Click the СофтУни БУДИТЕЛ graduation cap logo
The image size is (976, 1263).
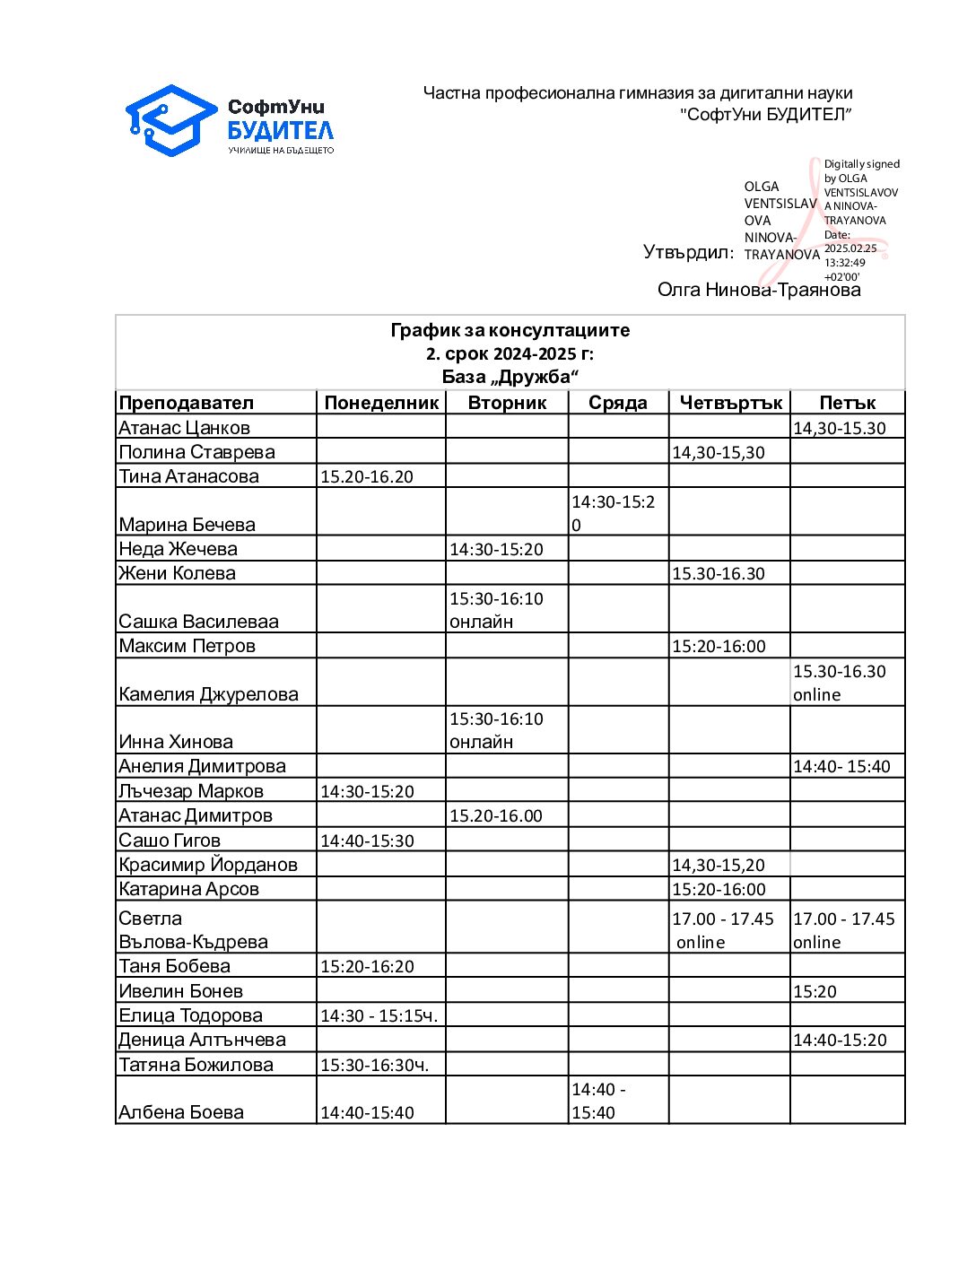(x=171, y=120)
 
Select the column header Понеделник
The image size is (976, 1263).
(x=381, y=403)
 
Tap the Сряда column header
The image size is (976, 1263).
(x=618, y=403)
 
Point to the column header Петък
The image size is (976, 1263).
(x=847, y=403)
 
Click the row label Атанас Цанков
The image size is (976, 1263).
(x=185, y=428)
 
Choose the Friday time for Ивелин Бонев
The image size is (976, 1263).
(x=815, y=991)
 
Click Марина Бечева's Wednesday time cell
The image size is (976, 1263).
(x=614, y=513)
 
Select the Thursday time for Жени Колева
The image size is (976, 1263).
(x=719, y=573)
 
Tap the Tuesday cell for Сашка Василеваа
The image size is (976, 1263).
(x=496, y=610)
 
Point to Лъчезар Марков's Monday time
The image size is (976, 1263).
(x=367, y=791)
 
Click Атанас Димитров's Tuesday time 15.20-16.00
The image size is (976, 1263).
(x=496, y=815)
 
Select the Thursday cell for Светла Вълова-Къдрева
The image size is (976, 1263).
(x=723, y=930)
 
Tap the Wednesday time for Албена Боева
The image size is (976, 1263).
(x=599, y=1101)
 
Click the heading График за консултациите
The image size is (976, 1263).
(x=510, y=330)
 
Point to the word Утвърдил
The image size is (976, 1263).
(x=688, y=252)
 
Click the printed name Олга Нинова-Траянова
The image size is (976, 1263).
(x=759, y=290)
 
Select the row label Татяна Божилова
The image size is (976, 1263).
(x=196, y=1065)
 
